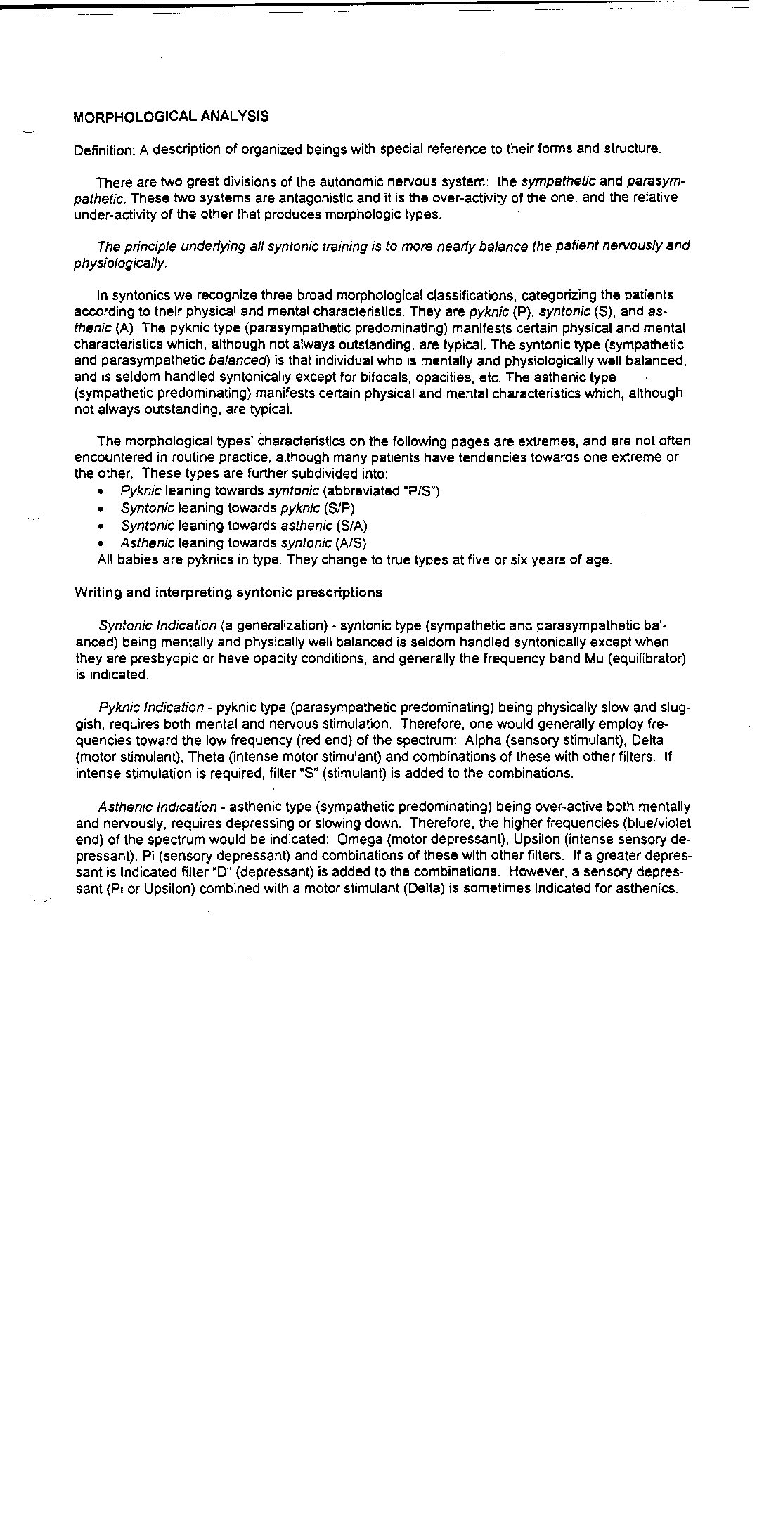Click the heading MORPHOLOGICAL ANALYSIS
pos(171,117)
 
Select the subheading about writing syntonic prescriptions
pos(228,592)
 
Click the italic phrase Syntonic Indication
pos(157,625)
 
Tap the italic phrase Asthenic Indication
pos(157,807)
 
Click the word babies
pos(136,560)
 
